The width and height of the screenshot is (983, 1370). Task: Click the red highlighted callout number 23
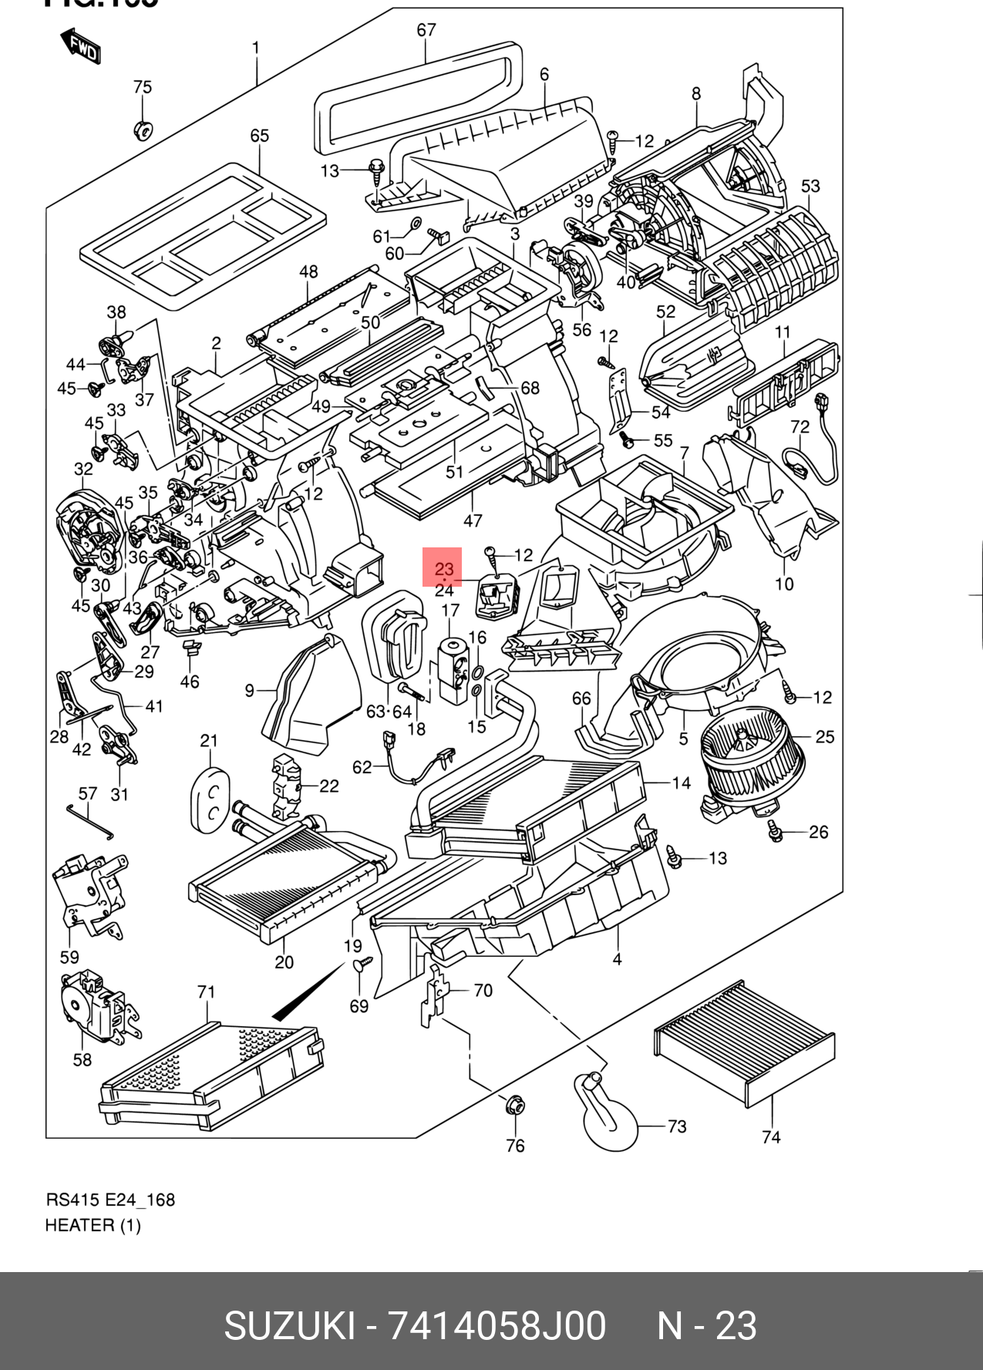point(443,569)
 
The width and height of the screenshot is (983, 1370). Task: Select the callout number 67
point(426,30)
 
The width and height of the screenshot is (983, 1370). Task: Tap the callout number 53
point(810,186)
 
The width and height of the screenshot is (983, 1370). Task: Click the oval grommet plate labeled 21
point(210,799)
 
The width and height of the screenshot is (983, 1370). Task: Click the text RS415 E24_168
point(110,1200)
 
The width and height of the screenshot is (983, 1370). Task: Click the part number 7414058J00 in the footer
point(497,1325)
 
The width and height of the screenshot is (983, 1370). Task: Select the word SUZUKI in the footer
point(290,1325)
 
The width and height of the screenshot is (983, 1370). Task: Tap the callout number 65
point(259,136)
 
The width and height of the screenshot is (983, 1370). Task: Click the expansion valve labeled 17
point(452,668)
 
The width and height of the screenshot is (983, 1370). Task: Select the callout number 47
point(473,520)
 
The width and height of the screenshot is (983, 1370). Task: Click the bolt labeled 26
point(775,831)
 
